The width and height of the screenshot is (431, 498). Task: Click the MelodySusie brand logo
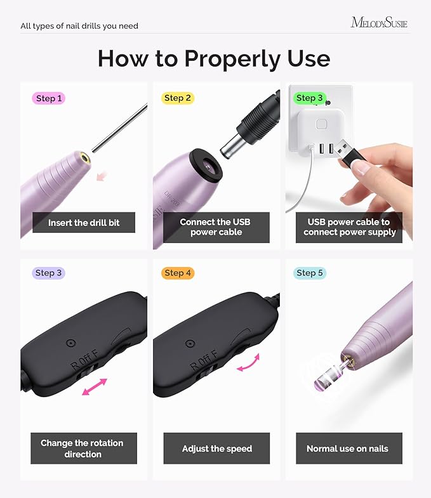(x=379, y=23)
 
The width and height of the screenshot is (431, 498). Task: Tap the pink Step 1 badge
(x=49, y=98)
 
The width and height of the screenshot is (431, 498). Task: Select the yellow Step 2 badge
(x=177, y=98)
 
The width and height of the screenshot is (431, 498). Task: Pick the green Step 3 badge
(x=310, y=98)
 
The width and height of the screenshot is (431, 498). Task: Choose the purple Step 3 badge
(x=49, y=273)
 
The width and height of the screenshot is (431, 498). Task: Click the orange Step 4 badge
(x=177, y=273)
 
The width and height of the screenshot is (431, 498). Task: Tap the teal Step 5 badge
(x=310, y=273)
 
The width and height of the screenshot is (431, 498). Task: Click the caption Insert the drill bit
(x=84, y=223)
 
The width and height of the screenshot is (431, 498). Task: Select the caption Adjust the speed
(x=216, y=449)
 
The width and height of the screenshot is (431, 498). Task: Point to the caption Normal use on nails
(x=347, y=449)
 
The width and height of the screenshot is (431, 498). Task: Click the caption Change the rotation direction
(x=82, y=449)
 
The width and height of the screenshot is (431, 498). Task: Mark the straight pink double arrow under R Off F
(x=95, y=387)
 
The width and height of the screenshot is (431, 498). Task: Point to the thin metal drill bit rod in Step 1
(x=121, y=128)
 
